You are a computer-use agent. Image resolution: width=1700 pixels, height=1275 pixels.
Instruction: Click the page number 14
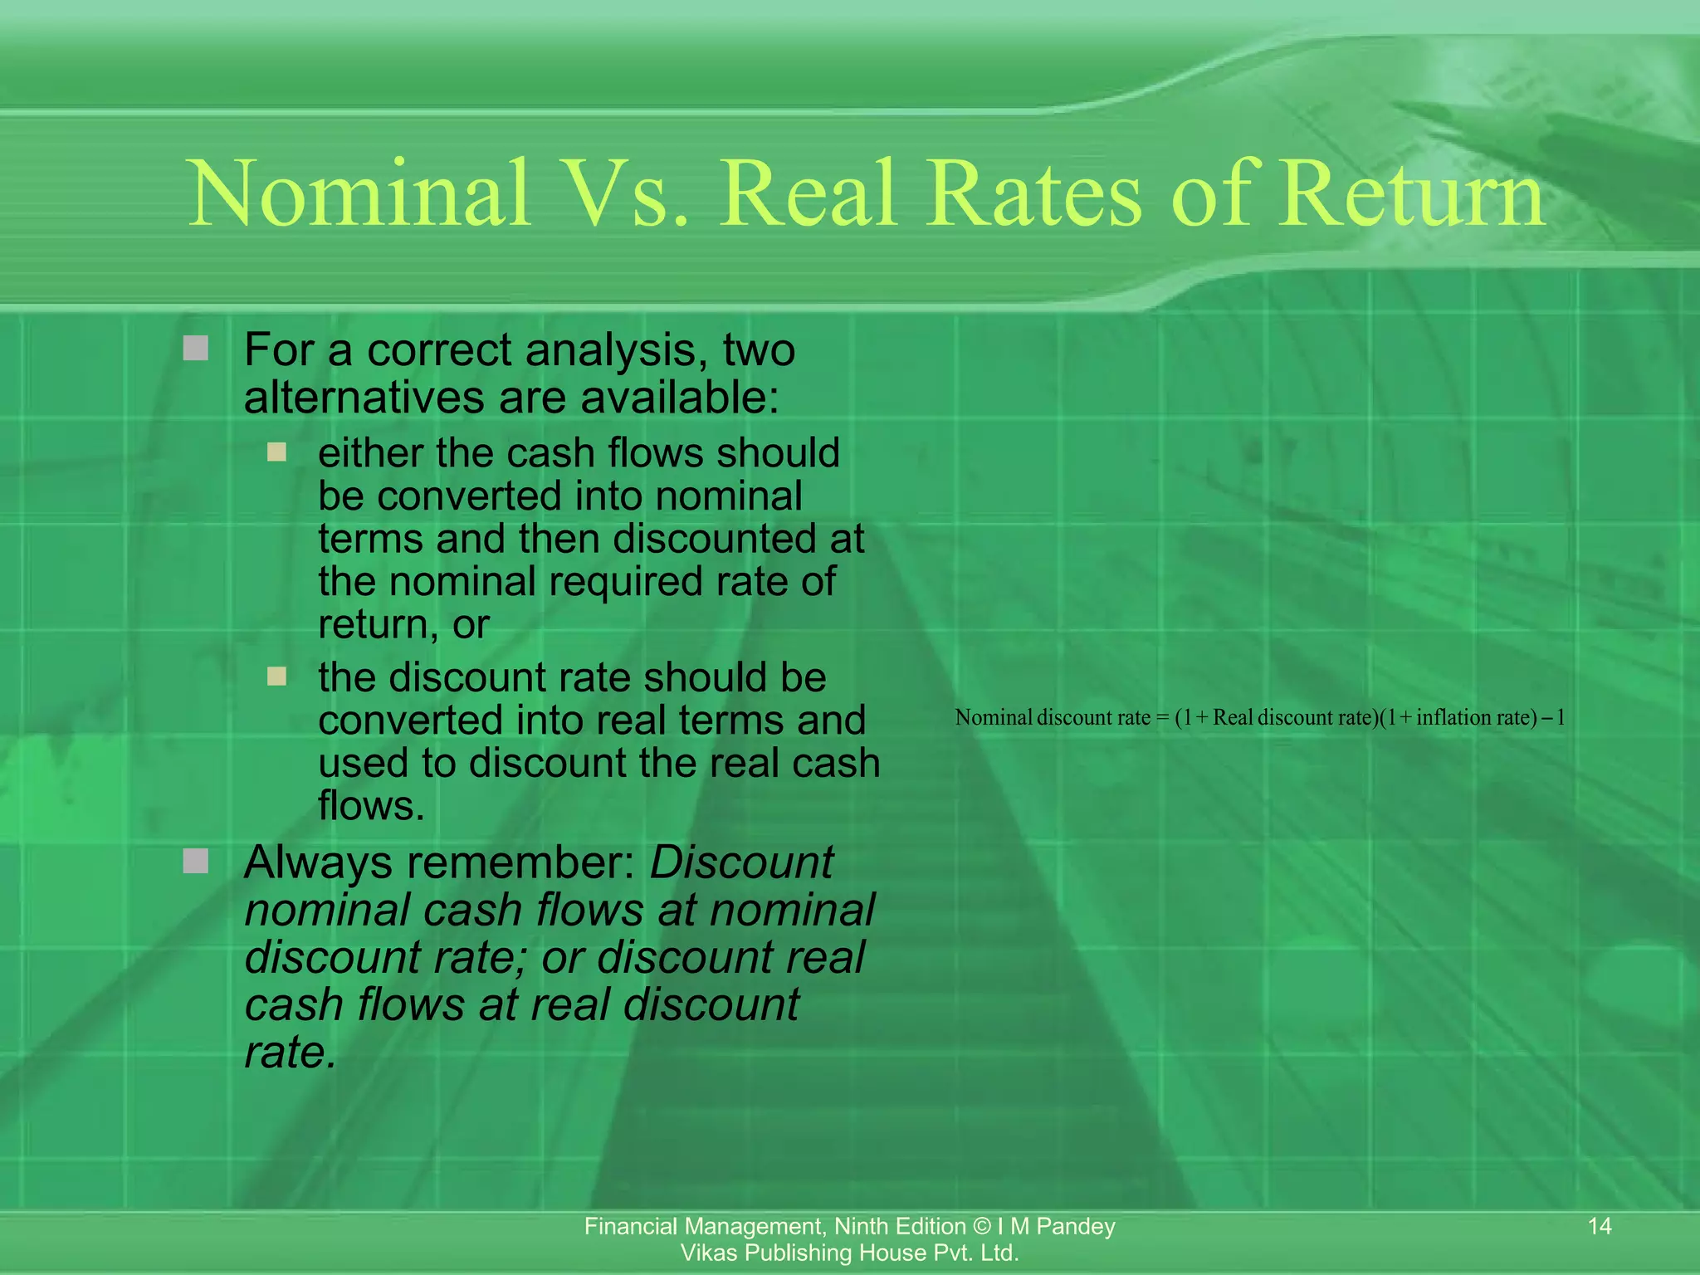[1599, 1226]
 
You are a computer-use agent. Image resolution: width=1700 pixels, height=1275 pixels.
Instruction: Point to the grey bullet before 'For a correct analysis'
[196, 349]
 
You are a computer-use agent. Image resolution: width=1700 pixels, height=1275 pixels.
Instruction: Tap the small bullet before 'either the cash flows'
[276, 452]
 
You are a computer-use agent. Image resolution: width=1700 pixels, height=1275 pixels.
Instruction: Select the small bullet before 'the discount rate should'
[276, 677]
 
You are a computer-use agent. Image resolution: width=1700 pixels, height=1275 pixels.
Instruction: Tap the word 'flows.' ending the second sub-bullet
[371, 805]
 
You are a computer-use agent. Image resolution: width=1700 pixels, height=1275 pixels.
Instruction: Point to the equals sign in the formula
[1162, 718]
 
